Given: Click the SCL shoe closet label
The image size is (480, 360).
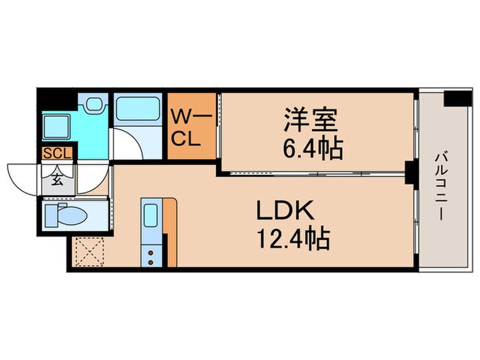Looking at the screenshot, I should click(56, 154).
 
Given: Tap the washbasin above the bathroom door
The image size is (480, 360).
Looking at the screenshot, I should click(94, 106).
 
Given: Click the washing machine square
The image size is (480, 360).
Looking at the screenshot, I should click(54, 127).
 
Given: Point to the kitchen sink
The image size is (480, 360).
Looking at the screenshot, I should click(150, 213).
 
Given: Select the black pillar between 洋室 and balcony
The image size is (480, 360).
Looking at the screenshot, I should click(410, 172).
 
